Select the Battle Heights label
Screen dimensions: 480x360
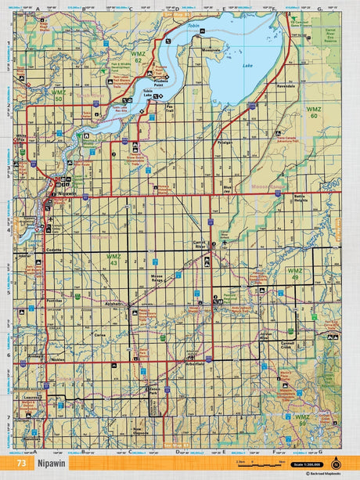click(301, 200)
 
